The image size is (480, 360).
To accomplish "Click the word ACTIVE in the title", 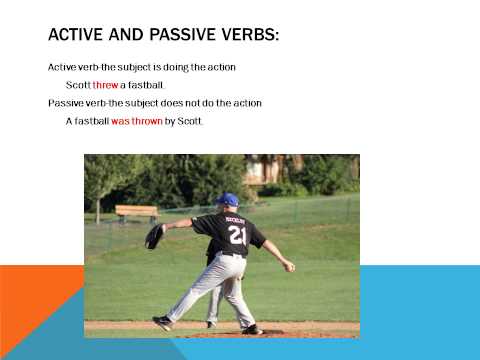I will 79,36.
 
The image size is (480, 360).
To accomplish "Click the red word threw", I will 105,85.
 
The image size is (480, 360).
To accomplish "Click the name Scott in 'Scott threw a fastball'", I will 77,85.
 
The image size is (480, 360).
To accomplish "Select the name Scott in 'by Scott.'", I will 189,121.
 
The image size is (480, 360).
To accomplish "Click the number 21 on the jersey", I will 236,235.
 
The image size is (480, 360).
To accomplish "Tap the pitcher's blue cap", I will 229,200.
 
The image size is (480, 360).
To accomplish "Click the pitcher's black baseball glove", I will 154,236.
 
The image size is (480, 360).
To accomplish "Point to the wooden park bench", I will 136,212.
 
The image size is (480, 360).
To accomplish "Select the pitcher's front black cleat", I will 162,322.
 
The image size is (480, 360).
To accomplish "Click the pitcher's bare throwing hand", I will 289,266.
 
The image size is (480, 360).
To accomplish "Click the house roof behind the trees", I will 264,162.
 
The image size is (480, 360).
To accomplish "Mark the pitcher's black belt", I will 233,254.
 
